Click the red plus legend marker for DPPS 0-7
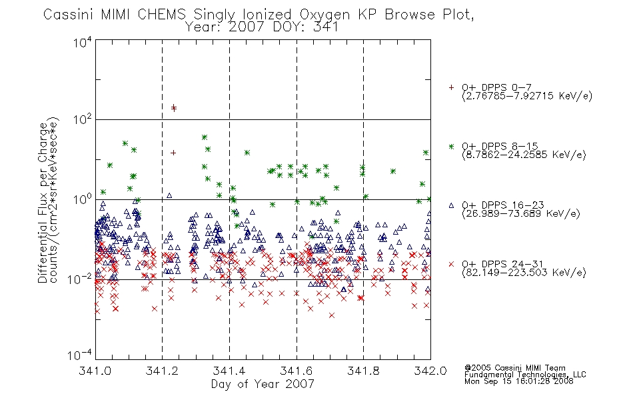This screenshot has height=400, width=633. coord(451,87)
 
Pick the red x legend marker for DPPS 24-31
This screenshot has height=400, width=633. coord(451,264)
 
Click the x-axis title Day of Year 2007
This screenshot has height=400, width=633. coord(263,384)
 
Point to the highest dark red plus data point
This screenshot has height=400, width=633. coord(173,107)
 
